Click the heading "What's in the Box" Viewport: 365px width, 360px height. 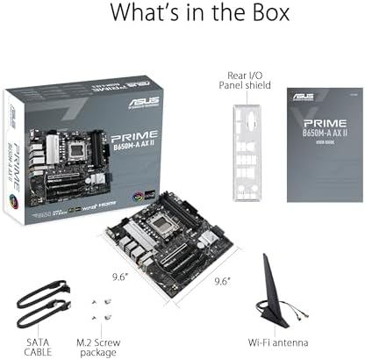click(x=182, y=17)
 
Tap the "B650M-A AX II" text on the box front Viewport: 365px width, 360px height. click(x=134, y=152)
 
